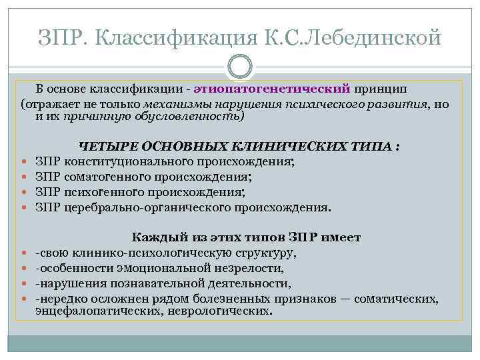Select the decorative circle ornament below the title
(240, 69)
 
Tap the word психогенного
(103, 192)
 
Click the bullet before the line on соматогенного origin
(25, 177)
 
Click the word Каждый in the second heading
(151, 237)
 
